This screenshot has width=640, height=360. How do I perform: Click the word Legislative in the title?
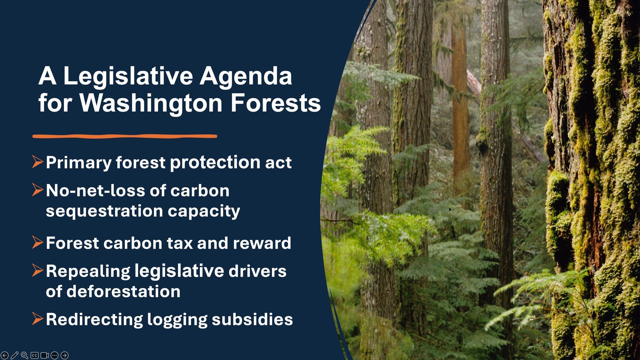coord(128,76)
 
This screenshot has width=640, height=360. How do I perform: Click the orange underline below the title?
coord(125,136)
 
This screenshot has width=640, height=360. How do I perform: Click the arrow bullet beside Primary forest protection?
coord(38,162)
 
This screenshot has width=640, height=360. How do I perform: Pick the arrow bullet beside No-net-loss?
coord(38,190)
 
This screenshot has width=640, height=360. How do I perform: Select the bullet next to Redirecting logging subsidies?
coord(38,318)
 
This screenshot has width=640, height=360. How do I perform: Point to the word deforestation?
coord(123,291)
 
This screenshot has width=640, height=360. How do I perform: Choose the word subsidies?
coord(252,319)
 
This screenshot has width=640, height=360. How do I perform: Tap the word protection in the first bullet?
coord(215,162)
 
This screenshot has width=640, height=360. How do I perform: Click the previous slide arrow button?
coord(5,355)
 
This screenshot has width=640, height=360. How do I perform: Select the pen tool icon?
coord(14,355)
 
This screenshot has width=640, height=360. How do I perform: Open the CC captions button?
coord(34,355)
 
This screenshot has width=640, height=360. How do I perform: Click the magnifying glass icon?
coord(24,355)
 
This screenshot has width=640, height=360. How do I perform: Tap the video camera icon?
coord(45,355)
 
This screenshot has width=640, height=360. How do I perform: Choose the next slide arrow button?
coord(65,355)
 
